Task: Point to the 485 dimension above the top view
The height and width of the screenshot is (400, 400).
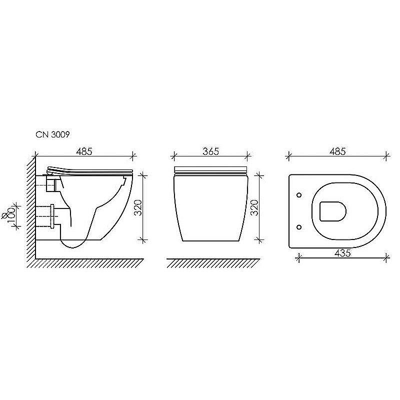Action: pyautogui.click(x=337, y=151)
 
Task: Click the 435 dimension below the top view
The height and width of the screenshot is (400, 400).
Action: pyautogui.click(x=343, y=253)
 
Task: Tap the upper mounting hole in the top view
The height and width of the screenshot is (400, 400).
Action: pyautogui.click(x=299, y=194)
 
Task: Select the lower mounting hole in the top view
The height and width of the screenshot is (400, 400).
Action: pyautogui.click(x=299, y=227)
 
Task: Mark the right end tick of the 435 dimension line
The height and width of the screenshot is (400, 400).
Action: pyautogui.click(x=387, y=258)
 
